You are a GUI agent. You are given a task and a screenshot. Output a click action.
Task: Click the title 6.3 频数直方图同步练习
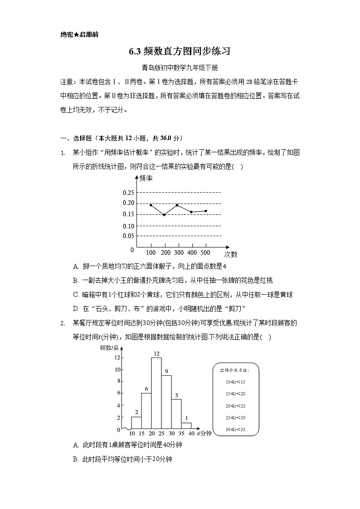tap(180, 51)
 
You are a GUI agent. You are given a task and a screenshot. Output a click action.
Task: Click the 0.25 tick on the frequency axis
tap(128, 193)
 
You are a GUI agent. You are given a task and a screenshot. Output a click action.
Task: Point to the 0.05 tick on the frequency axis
tap(128, 236)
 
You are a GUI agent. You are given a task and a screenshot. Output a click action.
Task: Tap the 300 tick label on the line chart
tap(179, 252)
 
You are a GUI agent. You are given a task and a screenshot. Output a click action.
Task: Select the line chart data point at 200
tap(164, 214)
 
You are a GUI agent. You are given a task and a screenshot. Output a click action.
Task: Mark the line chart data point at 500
tap(206, 211)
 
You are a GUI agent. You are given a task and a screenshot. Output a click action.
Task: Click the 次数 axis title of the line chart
tap(230, 254)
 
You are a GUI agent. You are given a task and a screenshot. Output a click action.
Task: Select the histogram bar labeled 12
tap(156, 393)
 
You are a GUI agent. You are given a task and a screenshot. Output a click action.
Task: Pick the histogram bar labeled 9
tap(166, 402)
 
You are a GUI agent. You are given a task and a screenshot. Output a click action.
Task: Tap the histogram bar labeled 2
tap(136, 423)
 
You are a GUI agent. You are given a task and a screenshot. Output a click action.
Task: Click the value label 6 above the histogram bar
tap(146, 389)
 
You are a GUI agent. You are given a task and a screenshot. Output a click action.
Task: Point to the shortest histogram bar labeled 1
tap(186, 426)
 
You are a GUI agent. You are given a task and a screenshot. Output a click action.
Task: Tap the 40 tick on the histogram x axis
tap(191, 434)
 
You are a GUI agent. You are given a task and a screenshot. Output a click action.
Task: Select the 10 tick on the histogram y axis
tap(117, 369)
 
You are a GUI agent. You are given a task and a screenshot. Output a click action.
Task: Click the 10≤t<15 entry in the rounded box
tap(235, 382)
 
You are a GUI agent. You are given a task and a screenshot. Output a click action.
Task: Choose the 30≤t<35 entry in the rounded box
tap(235, 429)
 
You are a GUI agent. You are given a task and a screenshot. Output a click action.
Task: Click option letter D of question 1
tap(76, 309)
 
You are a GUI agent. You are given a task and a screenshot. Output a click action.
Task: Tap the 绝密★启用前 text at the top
tap(79, 34)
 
